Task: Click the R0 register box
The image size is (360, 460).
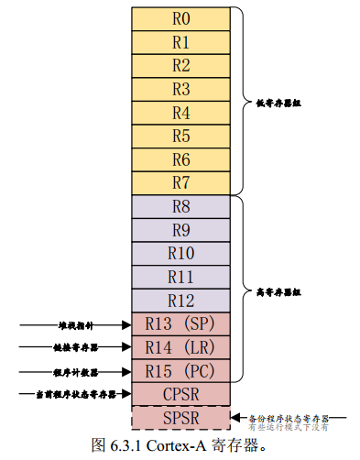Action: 180,18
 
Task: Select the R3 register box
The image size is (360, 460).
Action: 180,89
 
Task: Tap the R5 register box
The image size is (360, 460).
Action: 180,136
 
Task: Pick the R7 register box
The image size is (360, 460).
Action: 180,182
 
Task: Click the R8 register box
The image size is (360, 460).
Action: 180,206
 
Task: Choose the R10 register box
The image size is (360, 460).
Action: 180,253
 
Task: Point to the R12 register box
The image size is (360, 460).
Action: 180,300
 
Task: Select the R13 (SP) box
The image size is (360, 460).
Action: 180,323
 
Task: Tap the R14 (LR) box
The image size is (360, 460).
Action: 180,347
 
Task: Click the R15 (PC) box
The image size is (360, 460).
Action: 180,371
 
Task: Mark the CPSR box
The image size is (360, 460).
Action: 180,394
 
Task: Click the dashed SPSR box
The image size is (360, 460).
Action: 180,418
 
